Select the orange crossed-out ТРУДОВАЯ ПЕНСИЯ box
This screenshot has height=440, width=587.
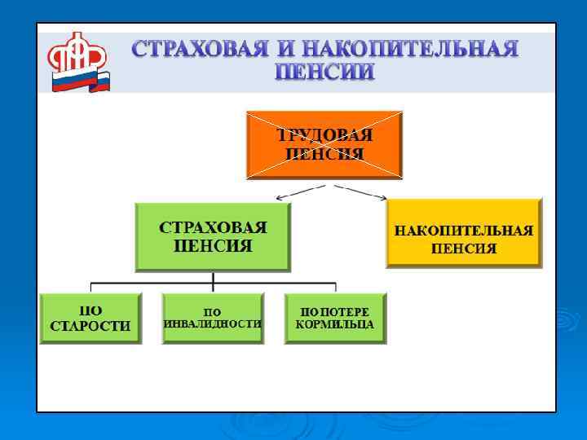pyautogui.click(x=324, y=144)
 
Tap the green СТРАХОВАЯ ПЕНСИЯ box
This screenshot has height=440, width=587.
pyautogui.click(x=213, y=236)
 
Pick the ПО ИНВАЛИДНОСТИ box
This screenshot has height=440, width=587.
pyautogui.click(x=213, y=318)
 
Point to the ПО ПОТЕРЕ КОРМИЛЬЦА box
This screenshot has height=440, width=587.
pyautogui.click(x=335, y=318)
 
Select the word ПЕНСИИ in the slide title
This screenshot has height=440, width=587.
pyautogui.click(x=324, y=73)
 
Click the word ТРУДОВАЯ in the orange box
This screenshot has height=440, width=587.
pyautogui.click(x=324, y=134)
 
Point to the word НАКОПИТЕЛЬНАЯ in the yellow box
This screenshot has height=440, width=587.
pyautogui.click(x=463, y=231)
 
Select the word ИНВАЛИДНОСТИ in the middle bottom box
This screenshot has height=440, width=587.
pyautogui.click(x=213, y=323)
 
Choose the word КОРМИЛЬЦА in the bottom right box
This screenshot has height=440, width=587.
pyautogui.click(x=335, y=324)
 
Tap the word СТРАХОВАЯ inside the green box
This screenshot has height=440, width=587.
pyautogui.click(x=213, y=227)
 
